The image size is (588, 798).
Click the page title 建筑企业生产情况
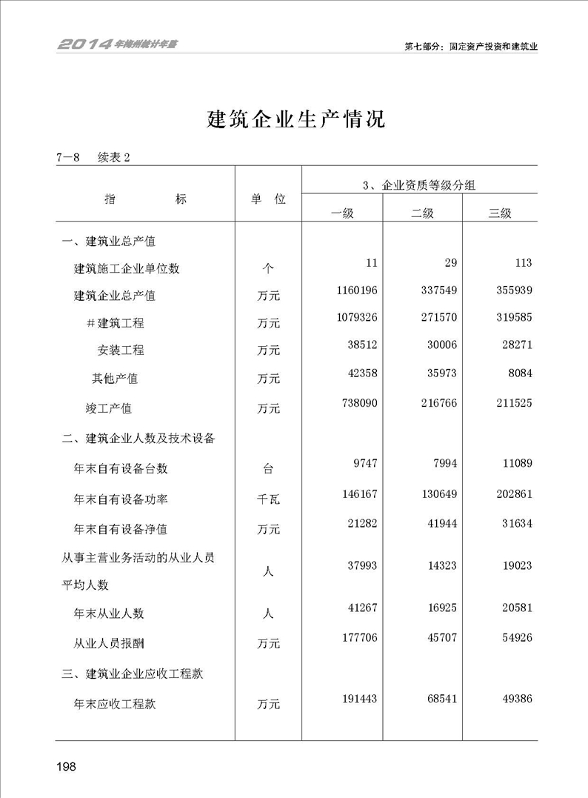[295, 119]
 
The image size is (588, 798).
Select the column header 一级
[342, 213]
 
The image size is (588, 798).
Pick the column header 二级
[422, 213]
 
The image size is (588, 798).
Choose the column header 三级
[500, 213]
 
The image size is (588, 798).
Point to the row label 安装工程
[121, 350]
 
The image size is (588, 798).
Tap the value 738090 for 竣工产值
[355, 402]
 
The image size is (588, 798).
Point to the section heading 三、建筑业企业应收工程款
[133, 674]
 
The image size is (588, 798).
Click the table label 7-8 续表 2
[92, 157]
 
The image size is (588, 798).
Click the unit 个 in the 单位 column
[268, 268]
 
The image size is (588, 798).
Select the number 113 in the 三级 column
[521, 263]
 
